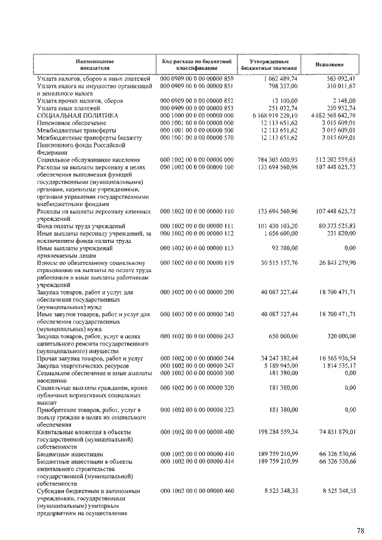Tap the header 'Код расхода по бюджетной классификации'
[x=196, y=64]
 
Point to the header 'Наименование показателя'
[x=95, y=64]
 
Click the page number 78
[x=360, y=530]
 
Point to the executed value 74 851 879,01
[x=337, y=431]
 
